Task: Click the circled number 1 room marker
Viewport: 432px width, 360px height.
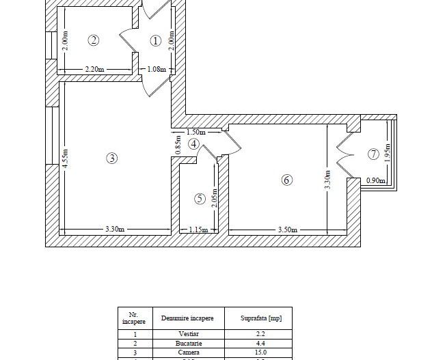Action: tap(155, 41)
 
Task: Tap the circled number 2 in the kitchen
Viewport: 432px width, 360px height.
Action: tap(94, 40)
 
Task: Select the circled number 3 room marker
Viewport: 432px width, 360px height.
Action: tap(112, 158)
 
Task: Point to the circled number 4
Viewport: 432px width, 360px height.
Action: tap(194, 144)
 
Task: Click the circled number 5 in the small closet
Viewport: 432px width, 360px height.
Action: tap(200, 199)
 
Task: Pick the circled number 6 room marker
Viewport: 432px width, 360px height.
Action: tap(286, 180)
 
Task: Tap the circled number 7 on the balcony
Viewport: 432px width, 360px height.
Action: tap(373, 154)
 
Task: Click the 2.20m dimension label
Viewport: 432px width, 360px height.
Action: tap(94, 69)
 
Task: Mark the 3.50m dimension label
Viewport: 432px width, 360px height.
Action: tap(287, 230)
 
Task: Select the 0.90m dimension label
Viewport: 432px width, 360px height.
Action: tap(375, 181)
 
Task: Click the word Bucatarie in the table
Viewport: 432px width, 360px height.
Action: tap(187, 343)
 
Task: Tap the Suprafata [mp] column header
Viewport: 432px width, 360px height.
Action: tap(261, 318)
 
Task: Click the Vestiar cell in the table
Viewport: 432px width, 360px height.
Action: tap(187, 334)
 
